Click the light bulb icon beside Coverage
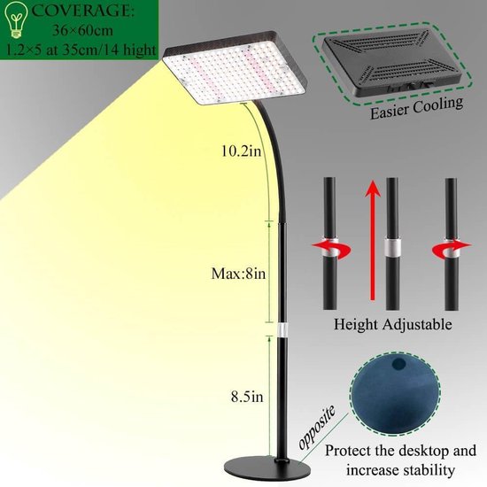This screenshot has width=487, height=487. [15, 19]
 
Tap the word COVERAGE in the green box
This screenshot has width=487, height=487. [83, 11]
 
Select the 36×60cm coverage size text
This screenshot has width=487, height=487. [82, 30]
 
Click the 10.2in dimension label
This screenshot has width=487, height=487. [242, 151]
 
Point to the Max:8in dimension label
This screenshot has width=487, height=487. [238, 274]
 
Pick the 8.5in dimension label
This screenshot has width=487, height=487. [247, 397]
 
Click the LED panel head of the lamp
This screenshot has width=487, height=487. [236, 66]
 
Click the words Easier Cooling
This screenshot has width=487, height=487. [416, 108]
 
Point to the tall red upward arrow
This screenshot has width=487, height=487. [373, 240]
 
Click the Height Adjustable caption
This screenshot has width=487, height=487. [392, 324]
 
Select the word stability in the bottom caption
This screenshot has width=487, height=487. [428, 470]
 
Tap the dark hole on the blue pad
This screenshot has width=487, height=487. [398, 364]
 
